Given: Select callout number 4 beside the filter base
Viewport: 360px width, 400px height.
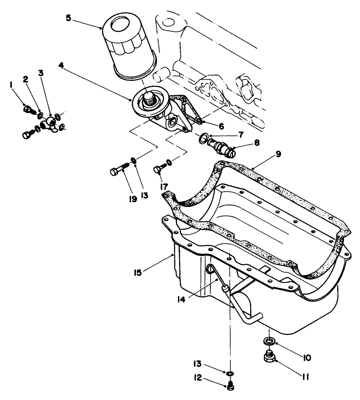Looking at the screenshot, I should pyautogui.click(x=62, y=65).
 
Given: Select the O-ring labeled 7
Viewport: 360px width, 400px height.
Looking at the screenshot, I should pyautogui.click(x=205, y=139).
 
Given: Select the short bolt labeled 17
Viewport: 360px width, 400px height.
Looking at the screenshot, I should pyautogui.click(x=160, y=169).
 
